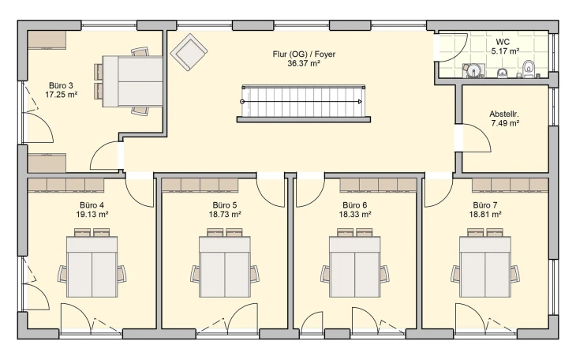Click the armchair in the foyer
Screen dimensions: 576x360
[x=189, y=52]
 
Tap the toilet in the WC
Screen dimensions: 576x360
[x=529, y=69]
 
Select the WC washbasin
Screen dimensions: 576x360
[x=502, y=73]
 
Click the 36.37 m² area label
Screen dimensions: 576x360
[x=304, y=64]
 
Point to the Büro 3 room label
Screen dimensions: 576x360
[x=61, y=86]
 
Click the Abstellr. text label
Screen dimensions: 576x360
[x=504, y=114]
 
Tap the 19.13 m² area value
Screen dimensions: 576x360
[x=92, y=214]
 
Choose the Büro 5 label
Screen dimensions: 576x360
[x=225, y=204]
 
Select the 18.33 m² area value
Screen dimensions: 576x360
[x=355, y=214]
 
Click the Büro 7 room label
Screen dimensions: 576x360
[x=485, y=204]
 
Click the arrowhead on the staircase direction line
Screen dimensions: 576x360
[x=360, y=102]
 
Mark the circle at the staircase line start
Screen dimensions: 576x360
[x=242, y=102]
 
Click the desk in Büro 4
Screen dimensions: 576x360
[x=92, y=267]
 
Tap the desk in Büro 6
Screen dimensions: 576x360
[x=355, y=267]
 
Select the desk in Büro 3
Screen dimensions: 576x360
[x=133, y=81]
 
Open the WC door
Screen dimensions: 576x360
[x=453, y=48]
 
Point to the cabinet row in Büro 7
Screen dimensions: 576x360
[x=510, y=186]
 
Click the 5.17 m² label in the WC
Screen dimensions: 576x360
[x=505, y=51]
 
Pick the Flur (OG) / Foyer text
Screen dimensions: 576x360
[x=304, y=54]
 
